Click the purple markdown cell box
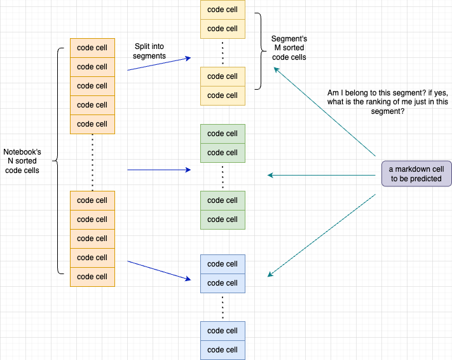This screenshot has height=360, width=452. point(416,174)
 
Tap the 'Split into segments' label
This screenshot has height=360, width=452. point(150,52)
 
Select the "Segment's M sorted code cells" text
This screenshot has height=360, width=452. point(289,48)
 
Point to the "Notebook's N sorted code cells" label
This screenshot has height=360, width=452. point(23,162)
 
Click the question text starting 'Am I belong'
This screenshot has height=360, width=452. point(388,101)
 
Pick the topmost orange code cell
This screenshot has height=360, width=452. point(92,48)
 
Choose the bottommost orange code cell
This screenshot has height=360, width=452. point(92,277)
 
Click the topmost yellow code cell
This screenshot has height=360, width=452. point(223,10)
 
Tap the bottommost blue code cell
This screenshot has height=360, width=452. point(223,350)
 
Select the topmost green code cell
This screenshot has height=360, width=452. point(223,134)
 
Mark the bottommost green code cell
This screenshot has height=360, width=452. point(223,219)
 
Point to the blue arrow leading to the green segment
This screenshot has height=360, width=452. point(159,170)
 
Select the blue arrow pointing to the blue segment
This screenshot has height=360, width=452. point(159,270)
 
